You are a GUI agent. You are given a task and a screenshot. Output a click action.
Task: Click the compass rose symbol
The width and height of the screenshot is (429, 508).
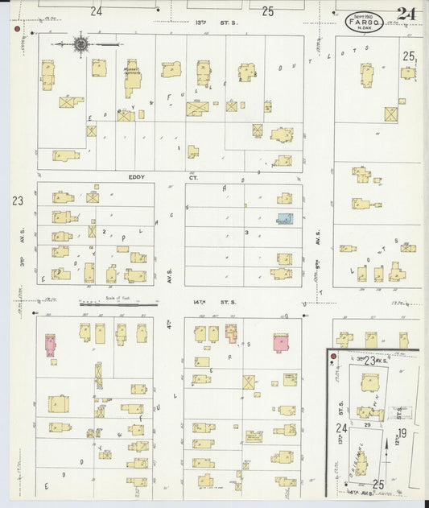[x=80, y=43]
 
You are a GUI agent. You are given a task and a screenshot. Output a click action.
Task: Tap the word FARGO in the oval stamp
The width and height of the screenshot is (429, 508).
[x=364, y=22]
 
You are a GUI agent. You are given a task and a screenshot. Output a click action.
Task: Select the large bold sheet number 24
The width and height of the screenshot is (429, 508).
[x=406, y=14]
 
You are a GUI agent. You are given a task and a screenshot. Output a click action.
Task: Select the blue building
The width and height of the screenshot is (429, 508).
[x=285, y=218]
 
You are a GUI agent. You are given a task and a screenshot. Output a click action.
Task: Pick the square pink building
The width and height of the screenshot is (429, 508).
[x=281, y=342]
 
